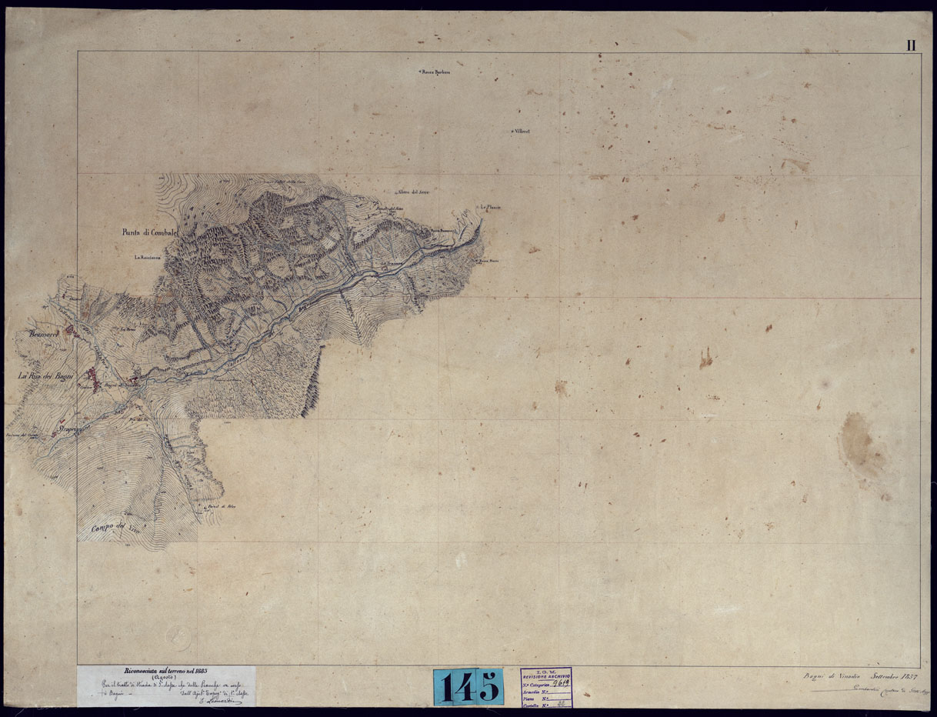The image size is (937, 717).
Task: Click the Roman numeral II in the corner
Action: coord(911,45)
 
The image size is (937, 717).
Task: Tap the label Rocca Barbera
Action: coord(435,73)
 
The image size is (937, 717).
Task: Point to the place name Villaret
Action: coord(524,132)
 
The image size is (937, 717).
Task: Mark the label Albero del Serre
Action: coord(412,192)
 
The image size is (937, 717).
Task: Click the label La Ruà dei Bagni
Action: coord(45,376)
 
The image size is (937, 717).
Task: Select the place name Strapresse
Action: coord(75,424)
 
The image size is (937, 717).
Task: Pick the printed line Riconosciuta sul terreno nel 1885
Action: coord(167,671)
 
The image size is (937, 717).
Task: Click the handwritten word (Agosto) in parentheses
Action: coord(163,679)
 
